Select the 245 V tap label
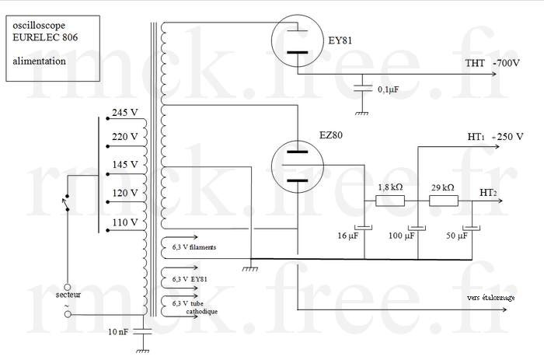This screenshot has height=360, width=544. coord(124,112)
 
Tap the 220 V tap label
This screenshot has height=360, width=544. coord(124,138)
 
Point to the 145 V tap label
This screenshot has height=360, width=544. coord(124,165)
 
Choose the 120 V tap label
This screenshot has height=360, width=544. coord(124,192)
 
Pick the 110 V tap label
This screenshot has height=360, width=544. coord(124,222)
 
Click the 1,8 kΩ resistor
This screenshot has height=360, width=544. coord(390,201)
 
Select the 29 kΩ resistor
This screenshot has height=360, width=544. coord(444,201)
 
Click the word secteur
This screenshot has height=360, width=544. coord(68,295)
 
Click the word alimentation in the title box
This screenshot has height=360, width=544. coord(40,60)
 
